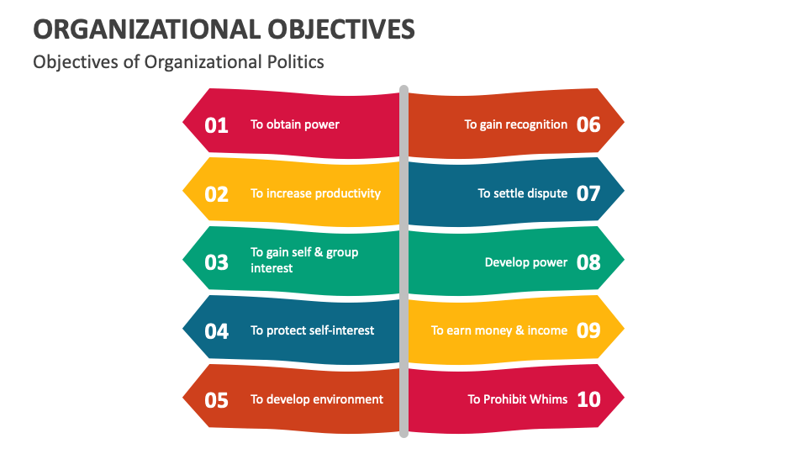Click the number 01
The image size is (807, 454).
coord(217,125)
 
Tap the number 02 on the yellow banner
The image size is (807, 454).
coord(217,194)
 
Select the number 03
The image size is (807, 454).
coord(217,262)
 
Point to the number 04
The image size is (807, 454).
coord(217,331)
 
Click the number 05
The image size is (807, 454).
coord(217,400)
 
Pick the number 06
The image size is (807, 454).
coord(588,125)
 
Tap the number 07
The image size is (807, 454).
coord(588,194)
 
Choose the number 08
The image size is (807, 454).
coord(588,262)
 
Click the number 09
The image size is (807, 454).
coord(588,331)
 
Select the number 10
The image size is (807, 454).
coord(588,400)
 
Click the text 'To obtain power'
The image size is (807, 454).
coord(295,124)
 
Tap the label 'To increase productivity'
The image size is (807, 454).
coord(315,193)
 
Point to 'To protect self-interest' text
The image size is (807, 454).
coord(313,330)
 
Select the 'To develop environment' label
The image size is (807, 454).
coord(317,399)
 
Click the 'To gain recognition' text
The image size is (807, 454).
coord(516,124)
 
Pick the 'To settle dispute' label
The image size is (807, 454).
coord(523,193)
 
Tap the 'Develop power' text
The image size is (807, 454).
coord(526,262)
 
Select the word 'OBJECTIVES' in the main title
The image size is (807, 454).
coord(340,29)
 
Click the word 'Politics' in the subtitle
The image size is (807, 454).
coord(294,62)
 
